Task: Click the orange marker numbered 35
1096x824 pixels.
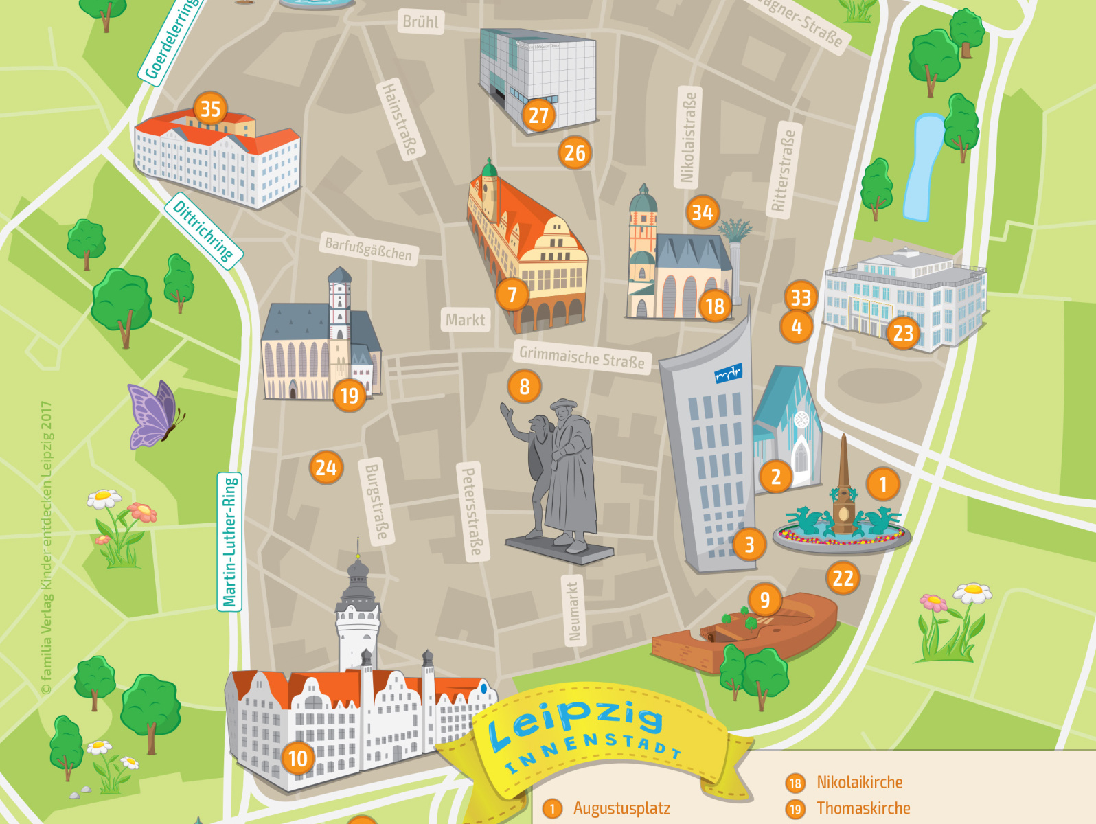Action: [211, 108]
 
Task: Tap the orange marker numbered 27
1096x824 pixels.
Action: [539, 115]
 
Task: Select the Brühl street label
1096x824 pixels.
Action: [420, 22]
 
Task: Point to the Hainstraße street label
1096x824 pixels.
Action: [400, 118]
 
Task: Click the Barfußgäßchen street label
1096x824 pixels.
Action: [369, 249]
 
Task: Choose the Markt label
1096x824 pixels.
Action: [465, 320]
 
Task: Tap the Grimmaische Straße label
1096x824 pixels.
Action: [582, 358]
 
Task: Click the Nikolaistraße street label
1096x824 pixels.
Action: [687, 137]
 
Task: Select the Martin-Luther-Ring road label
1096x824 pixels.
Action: [229, 541]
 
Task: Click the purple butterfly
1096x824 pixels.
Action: [155, 415]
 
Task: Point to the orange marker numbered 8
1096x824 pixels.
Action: [525, 387]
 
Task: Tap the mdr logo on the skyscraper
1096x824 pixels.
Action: [729, 374]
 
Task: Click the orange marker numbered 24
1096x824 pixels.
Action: [326, 468]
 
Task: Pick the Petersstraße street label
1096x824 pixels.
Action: [472, 511]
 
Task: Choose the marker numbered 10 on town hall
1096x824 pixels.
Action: [298, 758]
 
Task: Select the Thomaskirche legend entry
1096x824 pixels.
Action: [863, 808]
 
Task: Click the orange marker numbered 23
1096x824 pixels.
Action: [903, 333]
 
